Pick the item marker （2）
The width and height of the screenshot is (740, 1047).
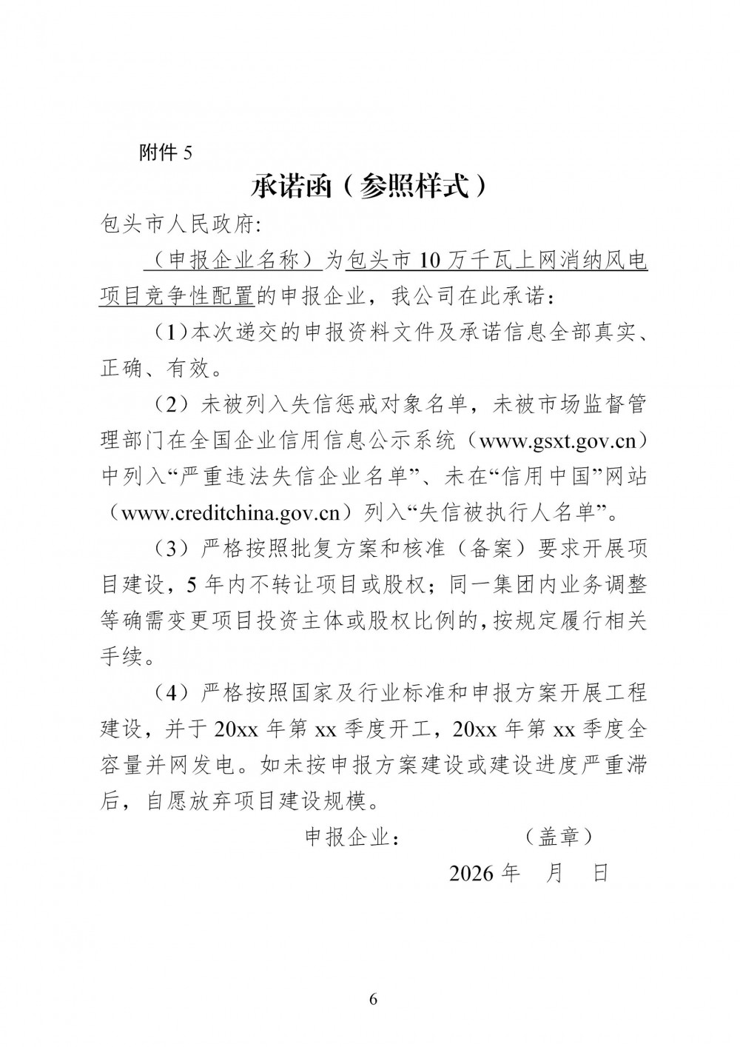(x=173, y=405)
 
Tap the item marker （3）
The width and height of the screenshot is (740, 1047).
(x=173, y=549)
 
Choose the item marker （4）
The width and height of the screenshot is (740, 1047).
(x=173, y=693)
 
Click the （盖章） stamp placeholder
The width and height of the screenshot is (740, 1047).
(x=559, y=837)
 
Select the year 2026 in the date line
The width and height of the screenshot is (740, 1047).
(x=471, y=874)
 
